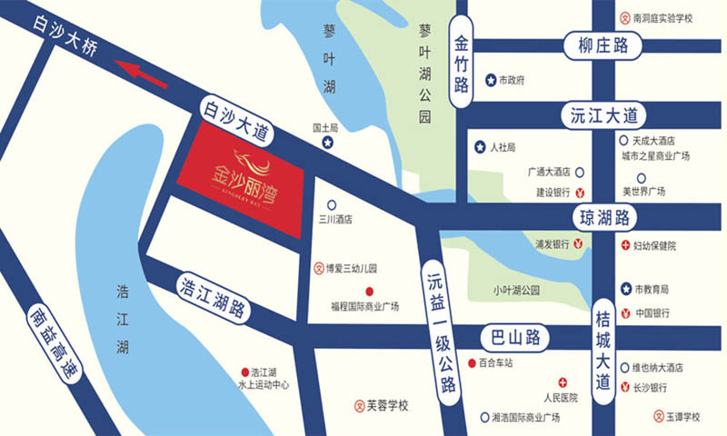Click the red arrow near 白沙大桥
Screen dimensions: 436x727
144,74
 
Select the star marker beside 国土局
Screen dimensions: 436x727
329,144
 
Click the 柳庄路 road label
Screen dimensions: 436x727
595,45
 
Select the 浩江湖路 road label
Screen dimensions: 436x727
212,296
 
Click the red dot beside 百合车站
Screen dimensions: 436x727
471,363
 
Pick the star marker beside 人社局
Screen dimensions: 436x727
480,146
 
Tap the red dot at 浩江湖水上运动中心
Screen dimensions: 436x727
243,372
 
